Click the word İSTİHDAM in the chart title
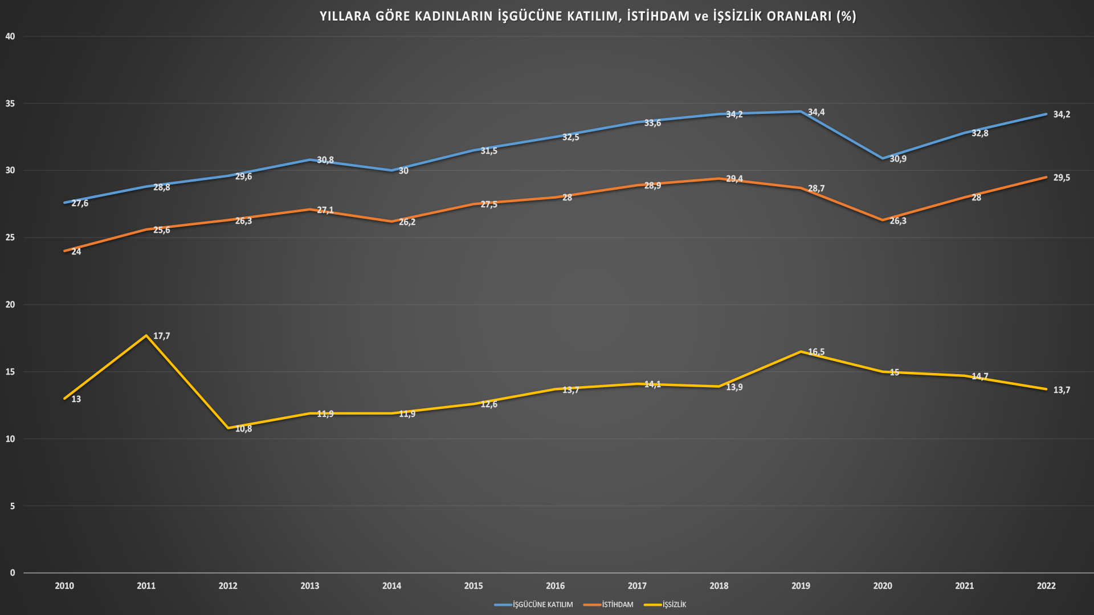coord(658,16)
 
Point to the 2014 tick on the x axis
coord(391,586)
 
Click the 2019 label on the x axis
coord(801,586)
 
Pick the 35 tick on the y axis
coord(10,104)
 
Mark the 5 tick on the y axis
coord(13,506)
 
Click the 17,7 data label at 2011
coord(162,336)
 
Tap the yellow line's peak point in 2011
coord(146,335)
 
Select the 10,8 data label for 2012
coord(243,429)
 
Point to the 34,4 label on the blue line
coord(816,112)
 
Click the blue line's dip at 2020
coord(883,158)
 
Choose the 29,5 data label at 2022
coord(1062,178)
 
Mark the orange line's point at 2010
coord(64,251)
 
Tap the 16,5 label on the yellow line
coord(816,352)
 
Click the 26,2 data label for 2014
coord(407,222)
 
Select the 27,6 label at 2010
coord(80,203)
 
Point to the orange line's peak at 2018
coord(719,179)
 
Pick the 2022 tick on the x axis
coord(1046,586)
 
